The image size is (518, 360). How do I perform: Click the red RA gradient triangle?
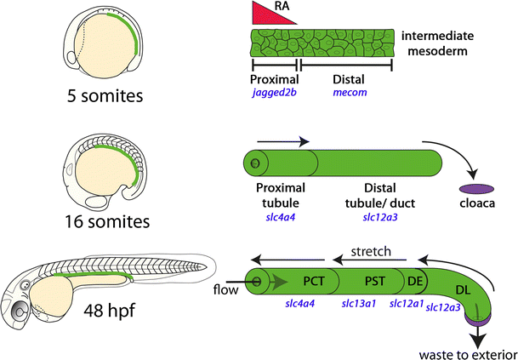(x=265, y=14)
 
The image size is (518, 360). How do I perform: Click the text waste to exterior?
(x=469, y=351)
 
